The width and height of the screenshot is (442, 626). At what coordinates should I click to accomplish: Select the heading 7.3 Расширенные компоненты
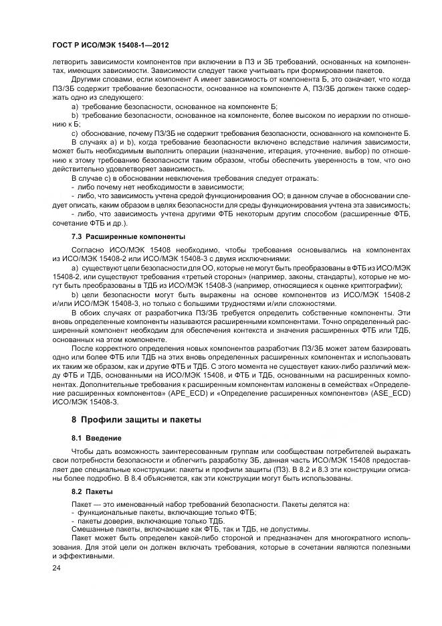[128, 237]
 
